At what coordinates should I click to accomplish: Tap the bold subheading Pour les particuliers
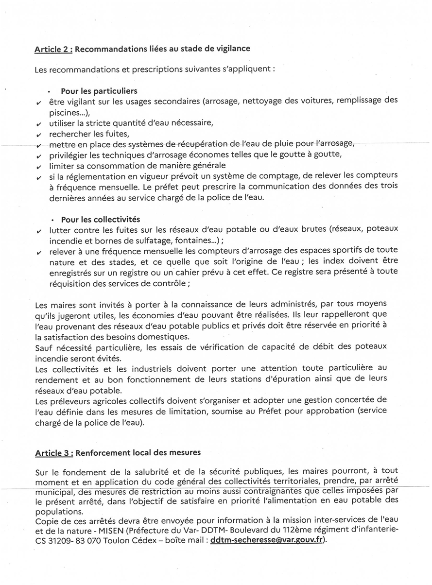click(99, 91)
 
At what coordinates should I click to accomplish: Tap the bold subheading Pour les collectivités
click(100, 220)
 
